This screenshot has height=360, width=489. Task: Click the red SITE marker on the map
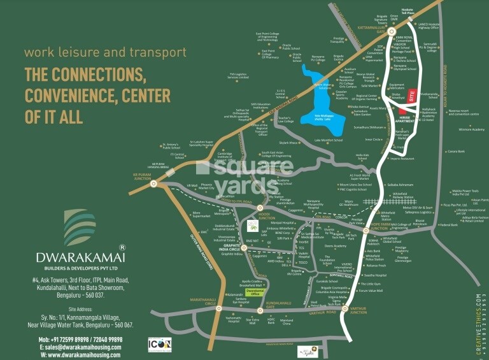(412, 96)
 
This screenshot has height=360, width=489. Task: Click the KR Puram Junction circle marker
(154, 184)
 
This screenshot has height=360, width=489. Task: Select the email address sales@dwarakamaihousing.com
(82, 347)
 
